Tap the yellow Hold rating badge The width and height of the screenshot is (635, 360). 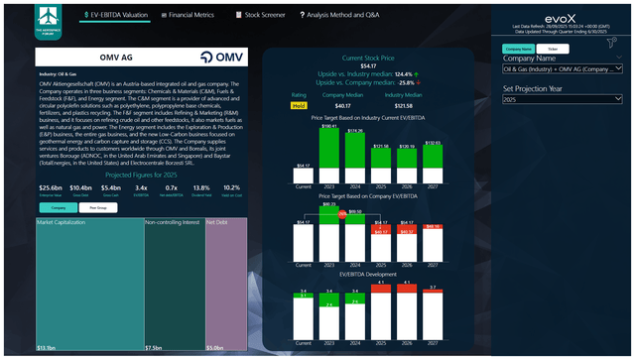coord(298,104)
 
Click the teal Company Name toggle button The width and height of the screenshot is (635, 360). coord(519,47)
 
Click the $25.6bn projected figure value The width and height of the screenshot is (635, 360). coord(51,186)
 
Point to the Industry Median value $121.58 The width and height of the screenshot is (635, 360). coord(405,104)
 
